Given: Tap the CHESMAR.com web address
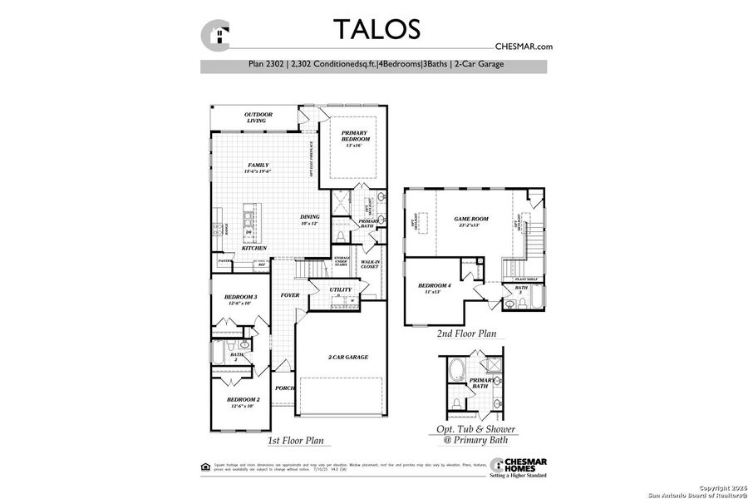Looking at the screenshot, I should click(x=524, y=47).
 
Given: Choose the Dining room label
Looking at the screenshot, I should click(x=309, y=220).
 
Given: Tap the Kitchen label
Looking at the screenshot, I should click(x=253, y=249).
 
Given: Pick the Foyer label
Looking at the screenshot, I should click(x=289, y=295).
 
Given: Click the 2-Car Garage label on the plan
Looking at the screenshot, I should click(x=347, y=357).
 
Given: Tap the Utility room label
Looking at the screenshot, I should click(x=341, y=289).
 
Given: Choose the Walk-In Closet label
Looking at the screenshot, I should click(x=370, y=264).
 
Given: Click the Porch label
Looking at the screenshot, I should click(x=284, y=388).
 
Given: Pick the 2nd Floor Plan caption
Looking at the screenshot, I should click(x=466, y=333).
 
